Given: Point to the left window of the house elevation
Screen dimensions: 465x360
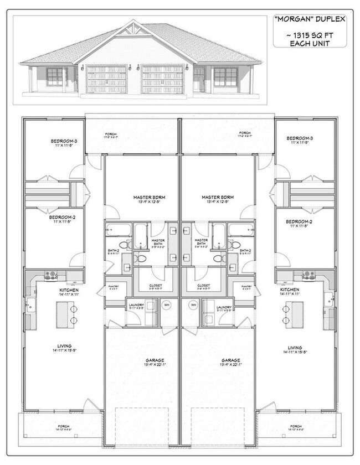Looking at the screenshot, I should coord(55,76).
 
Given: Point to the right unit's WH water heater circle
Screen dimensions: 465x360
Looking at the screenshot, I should coord(194,304).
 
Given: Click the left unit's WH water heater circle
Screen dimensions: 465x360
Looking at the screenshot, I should coord(167,304).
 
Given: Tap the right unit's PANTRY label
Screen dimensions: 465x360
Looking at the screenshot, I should coord(246,287).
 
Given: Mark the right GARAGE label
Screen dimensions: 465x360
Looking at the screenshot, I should coord(217,360).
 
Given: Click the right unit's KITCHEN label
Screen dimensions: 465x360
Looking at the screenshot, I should coord(290,290).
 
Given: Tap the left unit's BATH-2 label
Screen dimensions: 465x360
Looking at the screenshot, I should coord(113,251).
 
